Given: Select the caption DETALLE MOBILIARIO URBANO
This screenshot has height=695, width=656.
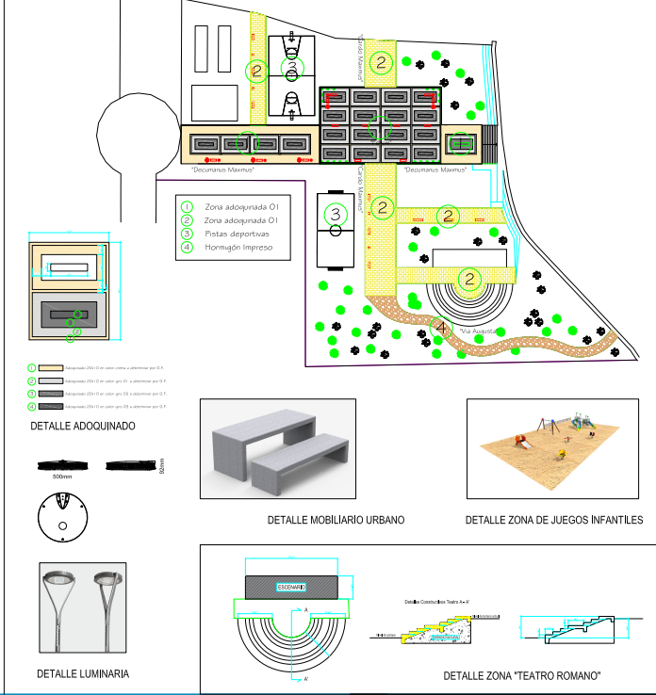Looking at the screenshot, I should pos(336,520).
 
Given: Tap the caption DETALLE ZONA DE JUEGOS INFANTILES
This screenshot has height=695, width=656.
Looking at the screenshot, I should pos(554,520).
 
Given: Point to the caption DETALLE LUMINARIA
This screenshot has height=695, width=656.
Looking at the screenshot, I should pos(83,673).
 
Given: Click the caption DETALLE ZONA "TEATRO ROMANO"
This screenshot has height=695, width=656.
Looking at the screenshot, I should pos(521,675).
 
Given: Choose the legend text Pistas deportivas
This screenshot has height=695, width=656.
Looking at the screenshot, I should pos(237,233).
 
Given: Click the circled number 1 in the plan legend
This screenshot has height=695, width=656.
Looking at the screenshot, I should pos(187,205).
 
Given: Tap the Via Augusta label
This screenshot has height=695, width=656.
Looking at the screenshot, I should pos(479,331).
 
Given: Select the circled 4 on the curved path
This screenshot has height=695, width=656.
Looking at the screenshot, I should pos(440,327).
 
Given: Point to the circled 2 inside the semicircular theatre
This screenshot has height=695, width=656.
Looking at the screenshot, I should pos(468,279).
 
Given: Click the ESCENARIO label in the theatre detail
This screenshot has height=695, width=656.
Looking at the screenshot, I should pos(291,587).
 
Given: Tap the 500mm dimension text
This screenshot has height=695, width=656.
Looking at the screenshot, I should pos(62,477).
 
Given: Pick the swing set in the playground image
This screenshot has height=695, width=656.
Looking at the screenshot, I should pos(545,426).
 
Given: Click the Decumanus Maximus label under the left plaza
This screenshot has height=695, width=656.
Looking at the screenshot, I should pos(222,170).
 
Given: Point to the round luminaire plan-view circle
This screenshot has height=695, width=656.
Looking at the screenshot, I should pos(61,516).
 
